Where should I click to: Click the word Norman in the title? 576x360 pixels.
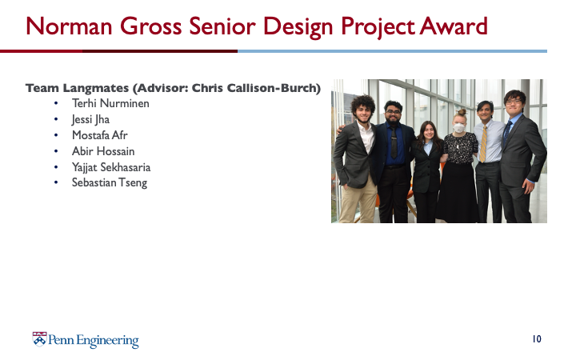[x=69, y=26]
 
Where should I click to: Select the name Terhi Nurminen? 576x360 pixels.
[x=110, y=103]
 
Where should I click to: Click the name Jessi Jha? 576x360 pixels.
[x=90, y=119]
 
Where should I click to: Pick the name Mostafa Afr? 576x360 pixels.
[x=99, y=135]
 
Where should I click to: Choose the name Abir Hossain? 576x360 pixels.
[x=103, y=151]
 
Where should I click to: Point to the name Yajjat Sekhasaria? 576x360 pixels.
[x=111, y=167]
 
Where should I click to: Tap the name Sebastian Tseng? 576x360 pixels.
[x=110, y=182]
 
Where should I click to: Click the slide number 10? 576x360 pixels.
[x=537, y=338]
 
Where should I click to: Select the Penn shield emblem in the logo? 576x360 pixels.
[x=39, y=339]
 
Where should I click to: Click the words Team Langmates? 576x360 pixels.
[x=77, y=88]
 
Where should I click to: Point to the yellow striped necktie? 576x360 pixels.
[x=483, y=144]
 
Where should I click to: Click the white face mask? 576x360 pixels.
[x=459, y=128]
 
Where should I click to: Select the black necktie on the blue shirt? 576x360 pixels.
[x=394, y=142]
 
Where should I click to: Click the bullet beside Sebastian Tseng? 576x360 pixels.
[x=56, y=182]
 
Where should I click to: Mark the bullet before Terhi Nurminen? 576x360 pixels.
[x=56, y=103]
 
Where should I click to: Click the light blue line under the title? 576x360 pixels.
[x=392, y=51]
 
